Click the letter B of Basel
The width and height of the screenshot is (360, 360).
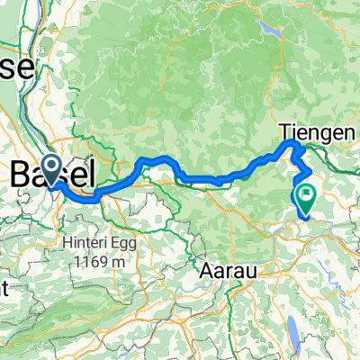pos(21,173)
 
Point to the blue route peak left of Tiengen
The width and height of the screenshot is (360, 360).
pos(291,144)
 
